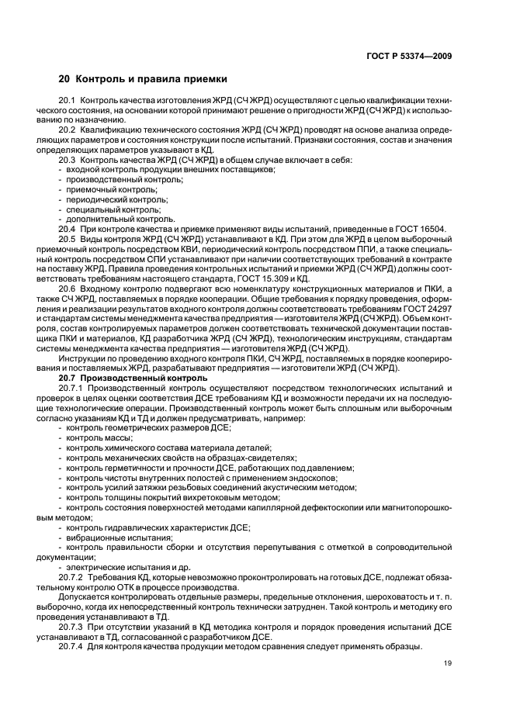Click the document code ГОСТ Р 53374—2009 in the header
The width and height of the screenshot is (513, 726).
point(409,56)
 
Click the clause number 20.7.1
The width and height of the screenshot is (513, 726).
point(71,387)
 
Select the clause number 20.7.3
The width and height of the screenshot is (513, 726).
point(71,625)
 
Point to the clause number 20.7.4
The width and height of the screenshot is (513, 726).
point(71,645)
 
